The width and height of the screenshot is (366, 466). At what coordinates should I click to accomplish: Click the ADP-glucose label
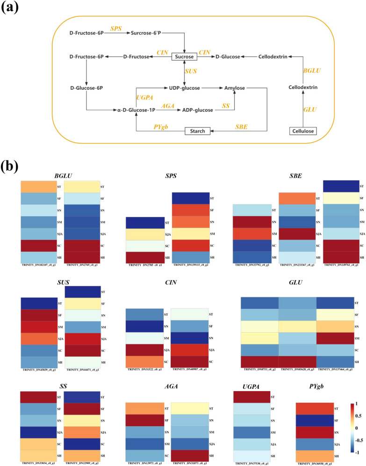pyautogui.click(x=198, y=110)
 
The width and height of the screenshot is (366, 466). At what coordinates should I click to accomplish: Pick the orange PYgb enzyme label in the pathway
pyautogui.click(x=162, y=126)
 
